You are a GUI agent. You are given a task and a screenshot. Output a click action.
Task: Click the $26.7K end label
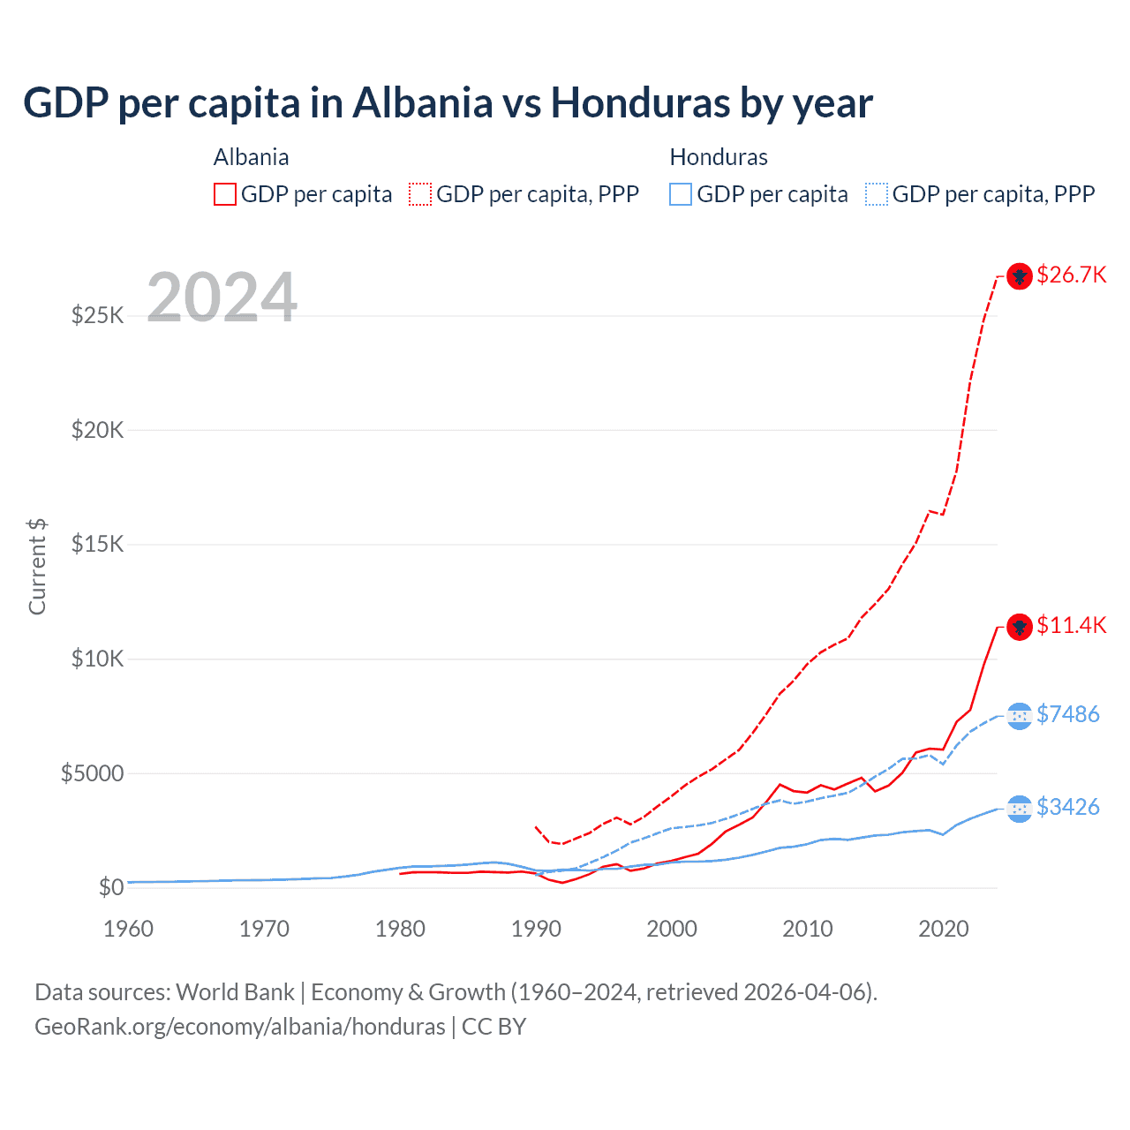[x=1071, y=275]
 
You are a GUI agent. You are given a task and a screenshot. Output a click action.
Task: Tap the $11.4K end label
[x=1071, y=626]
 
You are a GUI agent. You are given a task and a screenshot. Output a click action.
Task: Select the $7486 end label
[x=1067, y=714]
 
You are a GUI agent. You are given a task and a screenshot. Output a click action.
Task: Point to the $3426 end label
[x=1067, y=807]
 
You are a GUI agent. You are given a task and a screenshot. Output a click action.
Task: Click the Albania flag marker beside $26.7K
[x=1020, y=276]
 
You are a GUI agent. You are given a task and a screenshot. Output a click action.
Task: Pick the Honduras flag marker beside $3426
[x=1020, y=808]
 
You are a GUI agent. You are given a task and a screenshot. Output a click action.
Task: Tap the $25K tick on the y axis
[x=98, y=315]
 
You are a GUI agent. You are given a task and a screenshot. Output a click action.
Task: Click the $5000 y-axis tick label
[x=93, y=773]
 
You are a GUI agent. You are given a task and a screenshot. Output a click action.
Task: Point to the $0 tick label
[x=110, y=887]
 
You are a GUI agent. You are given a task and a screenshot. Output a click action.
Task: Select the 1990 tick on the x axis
[x=536, y=929]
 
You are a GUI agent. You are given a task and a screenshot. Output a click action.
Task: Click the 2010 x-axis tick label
[x=808, y=929]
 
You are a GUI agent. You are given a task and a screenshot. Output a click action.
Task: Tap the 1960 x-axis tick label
[x=129, y=929]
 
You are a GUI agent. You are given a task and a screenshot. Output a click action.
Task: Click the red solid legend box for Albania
[x=225, y=194]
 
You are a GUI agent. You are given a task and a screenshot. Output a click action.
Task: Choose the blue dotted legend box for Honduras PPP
[x=877, y=194]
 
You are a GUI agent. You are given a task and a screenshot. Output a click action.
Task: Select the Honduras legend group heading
[x=719, y=157]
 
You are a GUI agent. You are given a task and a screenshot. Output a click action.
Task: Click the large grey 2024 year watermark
[x=222, y=298]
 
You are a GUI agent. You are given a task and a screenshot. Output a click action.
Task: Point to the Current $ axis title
[x=37, y=567]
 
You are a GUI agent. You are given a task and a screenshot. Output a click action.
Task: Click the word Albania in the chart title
[x=423, y=103]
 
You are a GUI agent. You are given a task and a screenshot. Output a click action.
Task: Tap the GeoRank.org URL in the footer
[x=240, y=1027]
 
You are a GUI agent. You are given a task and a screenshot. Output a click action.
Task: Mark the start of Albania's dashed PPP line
[x=536, y=827]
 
